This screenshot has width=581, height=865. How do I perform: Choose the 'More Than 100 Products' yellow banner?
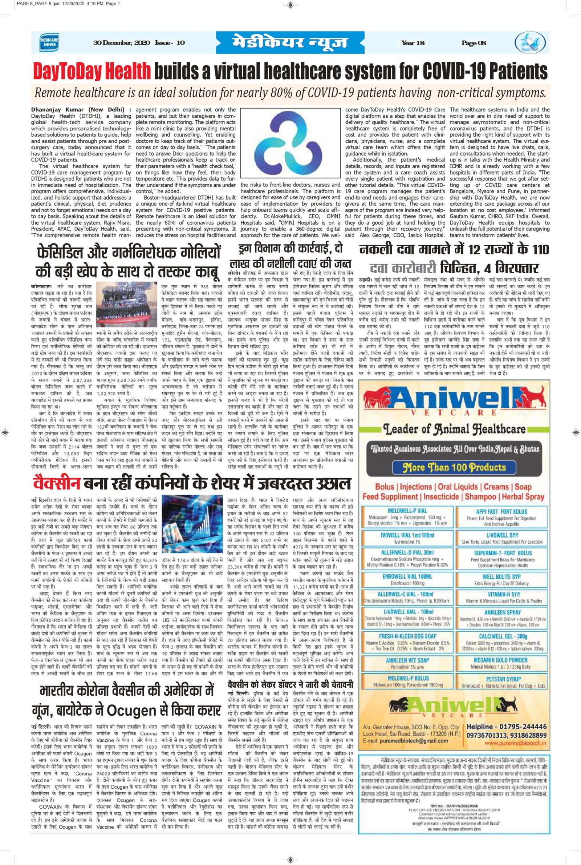pos(454,466)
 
